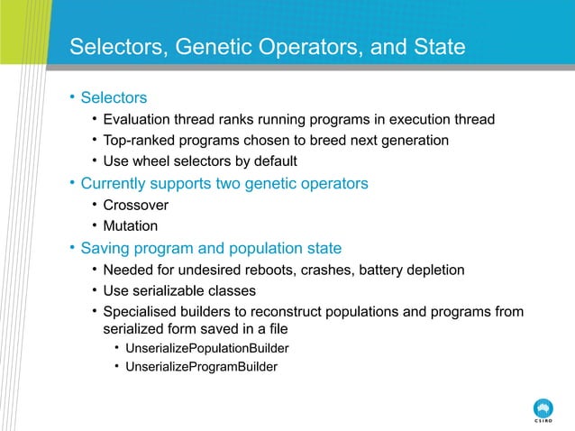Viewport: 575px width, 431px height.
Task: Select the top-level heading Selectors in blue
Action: point(114,96)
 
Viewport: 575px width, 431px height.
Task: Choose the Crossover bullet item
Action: point(135,205)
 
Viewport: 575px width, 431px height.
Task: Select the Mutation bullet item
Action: point(131,226)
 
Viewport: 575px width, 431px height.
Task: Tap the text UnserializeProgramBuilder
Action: point(201,367)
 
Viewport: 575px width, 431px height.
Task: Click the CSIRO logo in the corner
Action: point(543,408)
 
